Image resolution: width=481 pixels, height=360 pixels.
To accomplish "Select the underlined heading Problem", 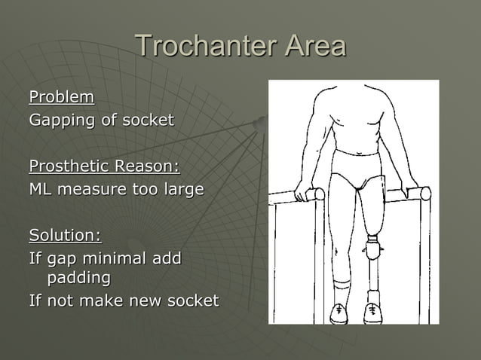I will pyautogui.click(x=62, y=97).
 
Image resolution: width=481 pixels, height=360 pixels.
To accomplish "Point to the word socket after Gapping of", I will pyautogui.click(x=149, y=120).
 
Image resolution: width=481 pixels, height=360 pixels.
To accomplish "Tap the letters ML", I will pyautogui.click(x=39, y=189).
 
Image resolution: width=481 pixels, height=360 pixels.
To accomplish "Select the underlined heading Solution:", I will pyautogui.click(x=65, y=236).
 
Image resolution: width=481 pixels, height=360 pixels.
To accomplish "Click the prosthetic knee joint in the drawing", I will pyautogui.click(x=372, y=248).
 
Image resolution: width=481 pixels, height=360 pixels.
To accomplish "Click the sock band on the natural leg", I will pyautogui.click(x=340, y=287).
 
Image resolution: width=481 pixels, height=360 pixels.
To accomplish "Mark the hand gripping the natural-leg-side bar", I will pyautogui.click(x=304, y=191).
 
